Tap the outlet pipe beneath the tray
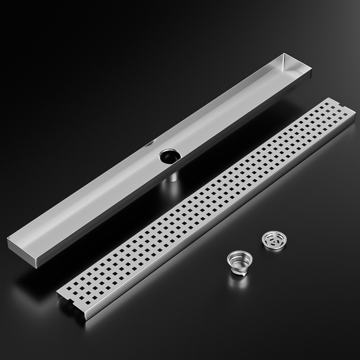172,176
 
